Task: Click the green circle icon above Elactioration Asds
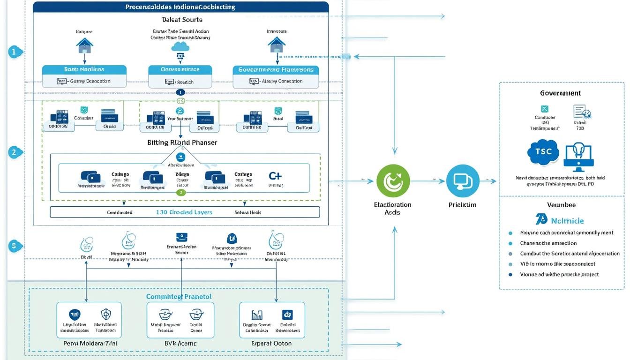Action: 393,180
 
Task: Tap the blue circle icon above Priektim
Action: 463,180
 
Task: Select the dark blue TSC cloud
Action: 543,152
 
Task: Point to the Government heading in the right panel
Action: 560,93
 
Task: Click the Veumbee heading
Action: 561,205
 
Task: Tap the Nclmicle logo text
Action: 568,220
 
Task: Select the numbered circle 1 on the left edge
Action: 15,52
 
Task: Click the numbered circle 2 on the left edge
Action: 15,152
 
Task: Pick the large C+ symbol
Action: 275,177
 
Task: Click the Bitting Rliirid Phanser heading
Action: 182,142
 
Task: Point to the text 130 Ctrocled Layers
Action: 184,212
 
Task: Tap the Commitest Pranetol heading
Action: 179,296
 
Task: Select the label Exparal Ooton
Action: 271,344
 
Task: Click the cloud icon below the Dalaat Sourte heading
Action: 180,46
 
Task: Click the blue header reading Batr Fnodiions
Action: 84,69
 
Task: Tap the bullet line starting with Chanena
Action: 548,243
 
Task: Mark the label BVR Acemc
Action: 180,344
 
